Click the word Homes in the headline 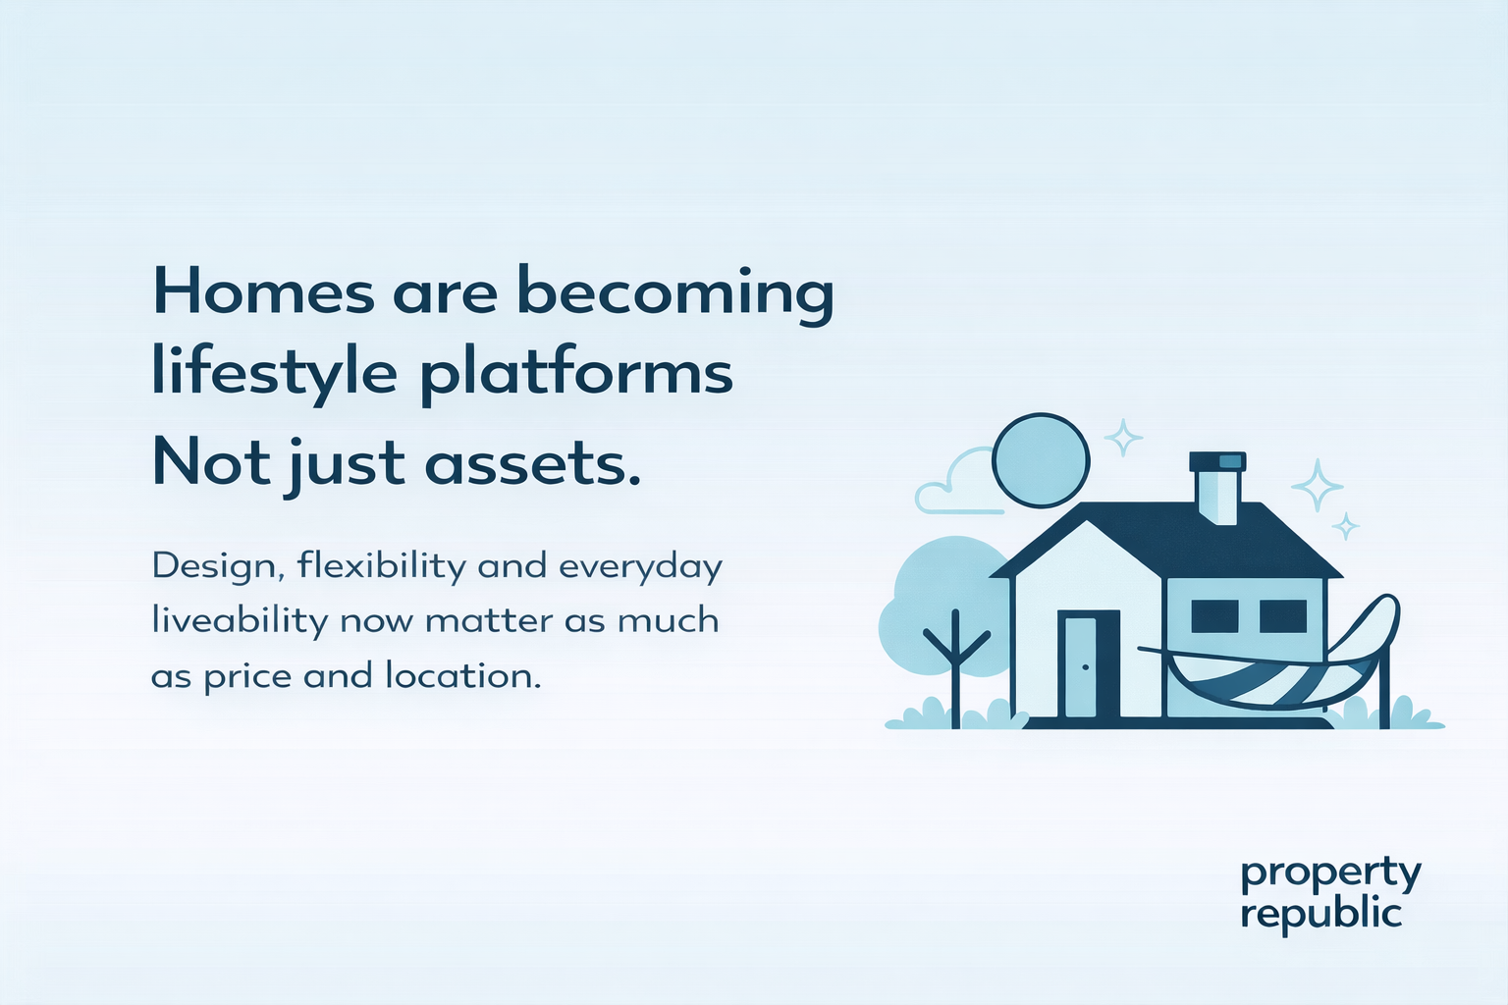tap(263, 292)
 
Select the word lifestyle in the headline tap(274, 374)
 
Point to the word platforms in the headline tap(577, 376)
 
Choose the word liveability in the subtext tap(239, 621)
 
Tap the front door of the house tap(1088, 666)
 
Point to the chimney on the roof tap(1217, 487)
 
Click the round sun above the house tap(1041, 460)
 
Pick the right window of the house tap(1282, 616)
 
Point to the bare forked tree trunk tap(955, 667)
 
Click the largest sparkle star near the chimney tap(1317, 486)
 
